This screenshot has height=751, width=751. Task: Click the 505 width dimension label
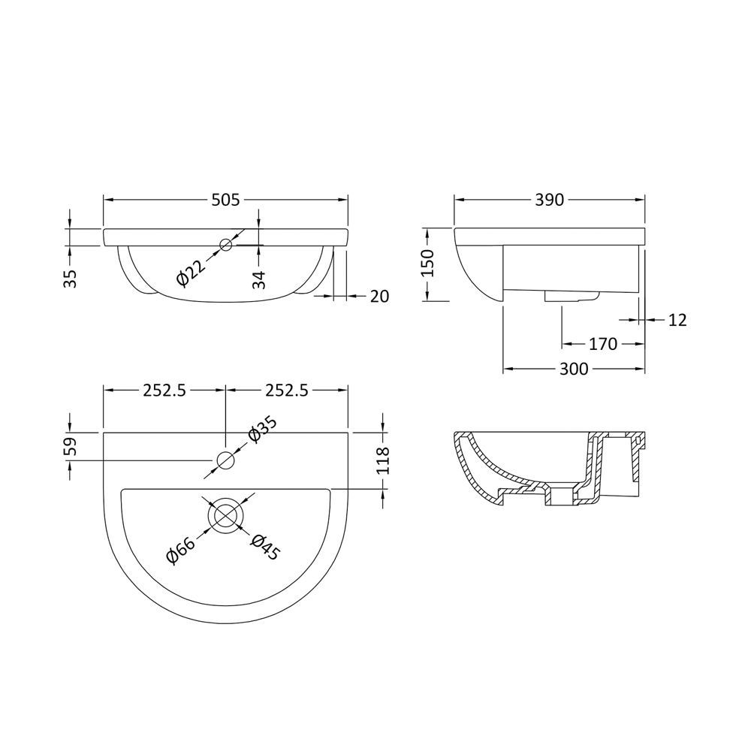tap(225, 200)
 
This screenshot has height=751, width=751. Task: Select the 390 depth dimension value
tap(550, 200)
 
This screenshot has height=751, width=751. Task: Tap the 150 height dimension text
tap(427, 264)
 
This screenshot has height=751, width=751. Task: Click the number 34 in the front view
tap(258, 280)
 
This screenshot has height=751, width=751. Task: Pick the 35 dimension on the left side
tap(70, 279)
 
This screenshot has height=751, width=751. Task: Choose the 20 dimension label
tap(379, 297)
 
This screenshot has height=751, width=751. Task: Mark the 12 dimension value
tap(677, 321)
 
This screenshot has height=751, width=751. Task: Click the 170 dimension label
tap(602, 345)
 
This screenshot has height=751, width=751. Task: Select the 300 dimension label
tap(575, 369)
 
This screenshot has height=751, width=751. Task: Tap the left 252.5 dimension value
tap(164, 390)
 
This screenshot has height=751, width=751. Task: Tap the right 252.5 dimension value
tap(286, 390)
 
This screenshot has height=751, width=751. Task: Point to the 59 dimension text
tap(70, 447)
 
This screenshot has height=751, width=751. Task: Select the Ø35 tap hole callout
tap(263, 430)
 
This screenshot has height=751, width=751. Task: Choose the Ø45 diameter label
tap(265, 547)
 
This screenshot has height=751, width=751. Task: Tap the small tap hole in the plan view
tap(225, 460)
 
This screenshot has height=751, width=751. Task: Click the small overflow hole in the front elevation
tap(225, 244)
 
